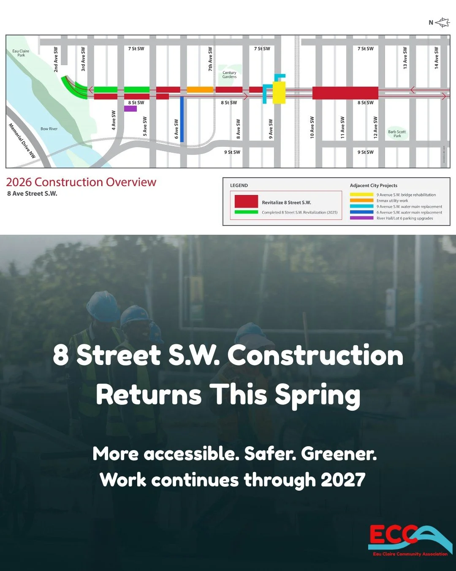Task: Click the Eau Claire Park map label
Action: [21, 53]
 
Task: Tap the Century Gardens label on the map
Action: [229, 75]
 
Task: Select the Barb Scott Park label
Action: [397, 134]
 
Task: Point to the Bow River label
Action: [49, 129]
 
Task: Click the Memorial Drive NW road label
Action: [22, 141]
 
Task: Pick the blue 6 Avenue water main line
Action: [182, 119]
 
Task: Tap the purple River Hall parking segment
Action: [130, 109]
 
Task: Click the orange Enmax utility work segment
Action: [200, 90]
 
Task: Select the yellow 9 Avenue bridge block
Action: [279, 93]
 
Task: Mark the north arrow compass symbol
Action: [442, 22]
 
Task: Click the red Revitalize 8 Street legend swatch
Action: [246, 201]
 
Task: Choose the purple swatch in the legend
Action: [361, 218]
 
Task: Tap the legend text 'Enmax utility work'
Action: [392, 200]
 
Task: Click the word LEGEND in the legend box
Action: [239, 185]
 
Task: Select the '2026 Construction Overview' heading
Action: [81, 182]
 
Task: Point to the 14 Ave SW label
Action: [437, 58]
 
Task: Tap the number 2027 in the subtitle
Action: [342, 480]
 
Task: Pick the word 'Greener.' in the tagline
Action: [339, 454]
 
